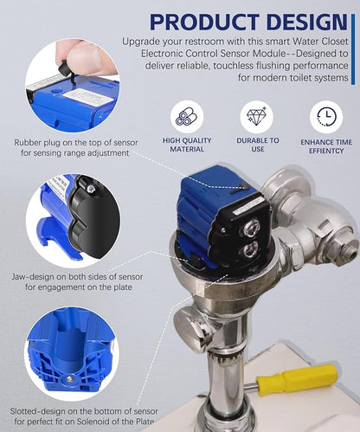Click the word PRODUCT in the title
204,22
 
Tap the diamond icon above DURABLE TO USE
256,117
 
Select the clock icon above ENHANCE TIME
326,117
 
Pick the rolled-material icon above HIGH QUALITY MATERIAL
187,117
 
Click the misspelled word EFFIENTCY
326,151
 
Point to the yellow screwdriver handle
297,377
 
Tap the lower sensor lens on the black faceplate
249,249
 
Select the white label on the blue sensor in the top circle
88,97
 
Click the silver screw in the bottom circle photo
69,379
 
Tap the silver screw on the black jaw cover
92,189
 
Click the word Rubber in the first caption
29,143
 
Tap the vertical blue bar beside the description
353,49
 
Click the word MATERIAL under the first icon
187,149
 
